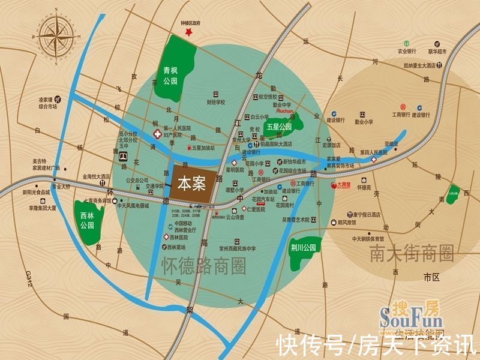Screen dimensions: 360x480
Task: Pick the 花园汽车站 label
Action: [263, 199]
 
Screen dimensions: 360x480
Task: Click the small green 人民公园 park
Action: [454, 194]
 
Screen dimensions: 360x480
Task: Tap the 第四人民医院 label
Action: [374, 153]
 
